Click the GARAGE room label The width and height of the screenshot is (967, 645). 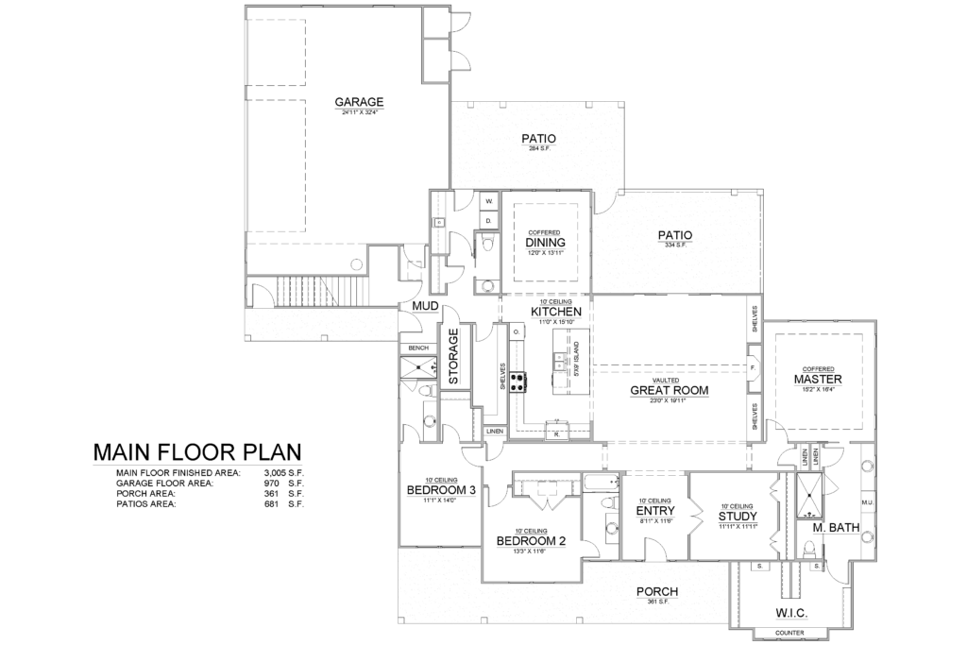[358, 102]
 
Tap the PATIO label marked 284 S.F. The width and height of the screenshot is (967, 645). [537, 139]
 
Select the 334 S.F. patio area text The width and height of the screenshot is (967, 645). [675, 245]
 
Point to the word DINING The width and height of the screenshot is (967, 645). [545, 242]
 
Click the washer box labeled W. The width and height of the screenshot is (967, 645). [489, 202]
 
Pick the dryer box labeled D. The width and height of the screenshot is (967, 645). [489, 221]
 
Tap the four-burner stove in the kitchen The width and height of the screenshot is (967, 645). [518, 382]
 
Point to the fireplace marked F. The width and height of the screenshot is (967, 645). [753, 365]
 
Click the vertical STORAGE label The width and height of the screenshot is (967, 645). [453, 357]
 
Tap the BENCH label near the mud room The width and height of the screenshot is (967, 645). [418, 348]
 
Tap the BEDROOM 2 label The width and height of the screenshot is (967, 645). [531, 541]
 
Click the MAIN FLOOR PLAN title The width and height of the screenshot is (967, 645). [196, 452]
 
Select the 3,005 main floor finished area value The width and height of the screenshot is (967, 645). [274, 470]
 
